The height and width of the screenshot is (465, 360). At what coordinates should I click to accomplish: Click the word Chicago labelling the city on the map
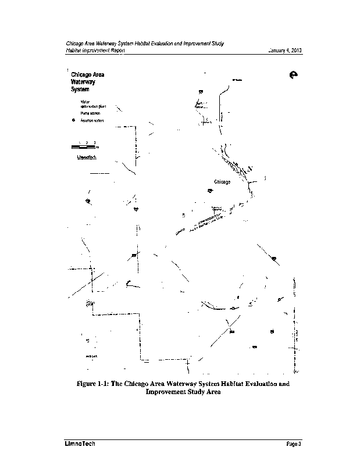point(222,182)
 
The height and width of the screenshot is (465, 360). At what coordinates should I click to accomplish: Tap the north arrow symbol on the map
point(293,75)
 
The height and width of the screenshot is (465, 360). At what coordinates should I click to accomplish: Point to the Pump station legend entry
point(89,113)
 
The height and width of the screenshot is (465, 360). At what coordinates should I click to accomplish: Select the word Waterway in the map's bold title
point(83,83)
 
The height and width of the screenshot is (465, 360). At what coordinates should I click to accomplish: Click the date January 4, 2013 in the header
point(284,51)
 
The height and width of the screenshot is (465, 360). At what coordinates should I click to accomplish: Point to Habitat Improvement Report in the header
point(95,51)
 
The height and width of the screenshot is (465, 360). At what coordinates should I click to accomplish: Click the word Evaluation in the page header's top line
point(166,44)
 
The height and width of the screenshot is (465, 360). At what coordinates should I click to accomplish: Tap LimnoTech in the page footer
point(80,445)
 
